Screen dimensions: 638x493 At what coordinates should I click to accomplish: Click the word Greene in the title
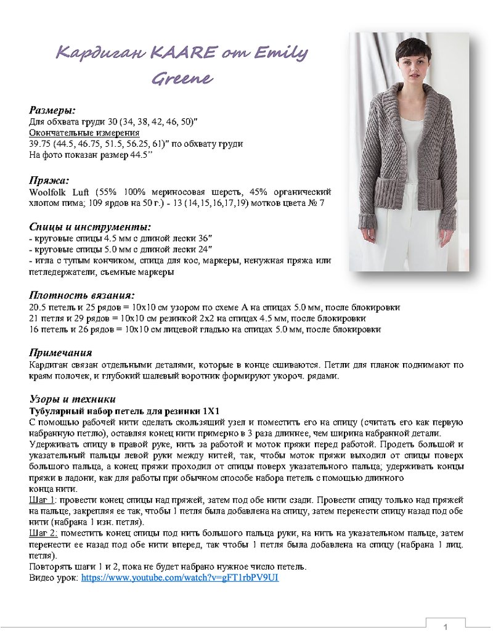click(182, 78)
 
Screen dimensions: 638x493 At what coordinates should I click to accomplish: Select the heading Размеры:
click(52, 110)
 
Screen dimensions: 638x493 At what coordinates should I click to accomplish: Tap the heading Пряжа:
click(49, 181)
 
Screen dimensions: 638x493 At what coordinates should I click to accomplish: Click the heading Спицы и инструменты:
click(90, 227)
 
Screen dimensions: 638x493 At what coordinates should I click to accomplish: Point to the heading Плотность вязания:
click(82, 295)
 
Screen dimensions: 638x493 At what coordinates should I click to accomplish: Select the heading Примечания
click(61, 353)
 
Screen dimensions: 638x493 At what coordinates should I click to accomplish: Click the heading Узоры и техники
click(73, 398)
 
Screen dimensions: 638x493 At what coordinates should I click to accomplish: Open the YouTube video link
click(180, 578)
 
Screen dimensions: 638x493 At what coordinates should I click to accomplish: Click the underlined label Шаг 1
click(43, 499)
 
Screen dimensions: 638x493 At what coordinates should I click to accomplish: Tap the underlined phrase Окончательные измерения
click(84, 133)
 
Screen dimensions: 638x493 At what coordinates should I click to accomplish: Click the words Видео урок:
click(54, 578)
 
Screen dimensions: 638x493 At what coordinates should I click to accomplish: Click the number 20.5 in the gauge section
click(37, 307)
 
